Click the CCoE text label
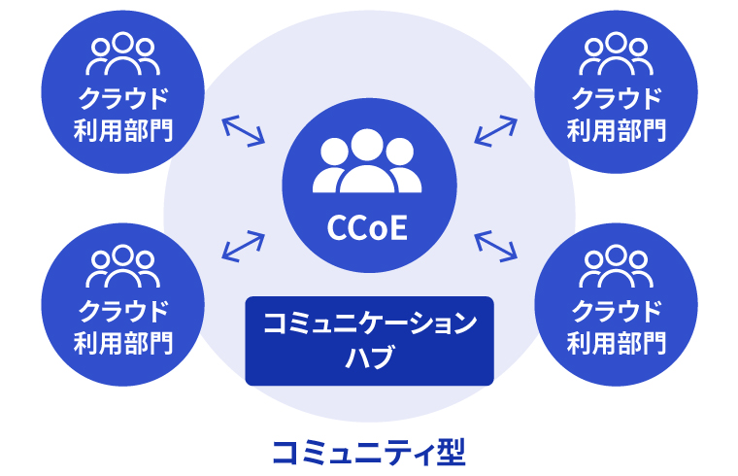click(x=368, y=229)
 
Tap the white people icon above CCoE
click(x=368, y=160)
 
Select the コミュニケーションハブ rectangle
click(x=369, y=341)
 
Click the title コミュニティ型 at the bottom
click(x=369, y=450)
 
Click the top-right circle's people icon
click(x=616, y=55)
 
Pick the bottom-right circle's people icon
click(x=616, y=268)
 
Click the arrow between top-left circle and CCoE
click(x=244, y=131)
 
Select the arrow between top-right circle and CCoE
click(x=495, y=130)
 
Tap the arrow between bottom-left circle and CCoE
click(x=244, y=247)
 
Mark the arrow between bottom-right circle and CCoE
click(x=495, y=247)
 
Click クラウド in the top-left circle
click(x=123, y=98)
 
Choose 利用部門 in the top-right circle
click(x=616, y=129)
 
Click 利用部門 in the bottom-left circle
click(x=123, y=342)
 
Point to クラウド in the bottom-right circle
click(x=616, y=311)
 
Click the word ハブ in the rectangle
click(x=369, y=357)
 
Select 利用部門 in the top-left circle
click(x=123, y=129)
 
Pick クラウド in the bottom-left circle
click(x=123, y=311)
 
